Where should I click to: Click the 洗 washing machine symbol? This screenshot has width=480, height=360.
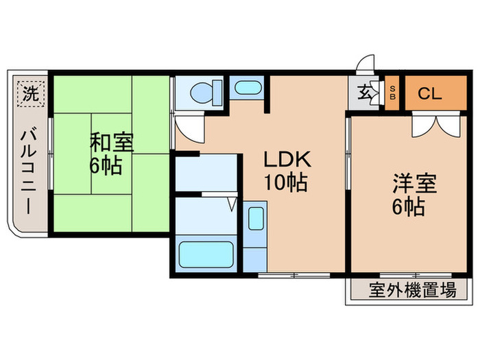pos(29,92)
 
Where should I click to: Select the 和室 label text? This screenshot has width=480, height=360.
pos(112,143)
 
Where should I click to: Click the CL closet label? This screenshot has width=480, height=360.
pos(430,94)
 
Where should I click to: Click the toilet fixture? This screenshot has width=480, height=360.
pos(204,93)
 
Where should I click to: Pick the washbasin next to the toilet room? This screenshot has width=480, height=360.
pos(245,88)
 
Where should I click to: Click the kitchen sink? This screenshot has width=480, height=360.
pos(254,219)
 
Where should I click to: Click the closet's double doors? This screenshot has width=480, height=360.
pos(434,124)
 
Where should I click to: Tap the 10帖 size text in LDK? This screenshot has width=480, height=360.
pos(288,183)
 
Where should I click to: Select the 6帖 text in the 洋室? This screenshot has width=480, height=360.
pos(409,206)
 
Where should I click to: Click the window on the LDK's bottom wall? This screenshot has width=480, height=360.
pos(293,275)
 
